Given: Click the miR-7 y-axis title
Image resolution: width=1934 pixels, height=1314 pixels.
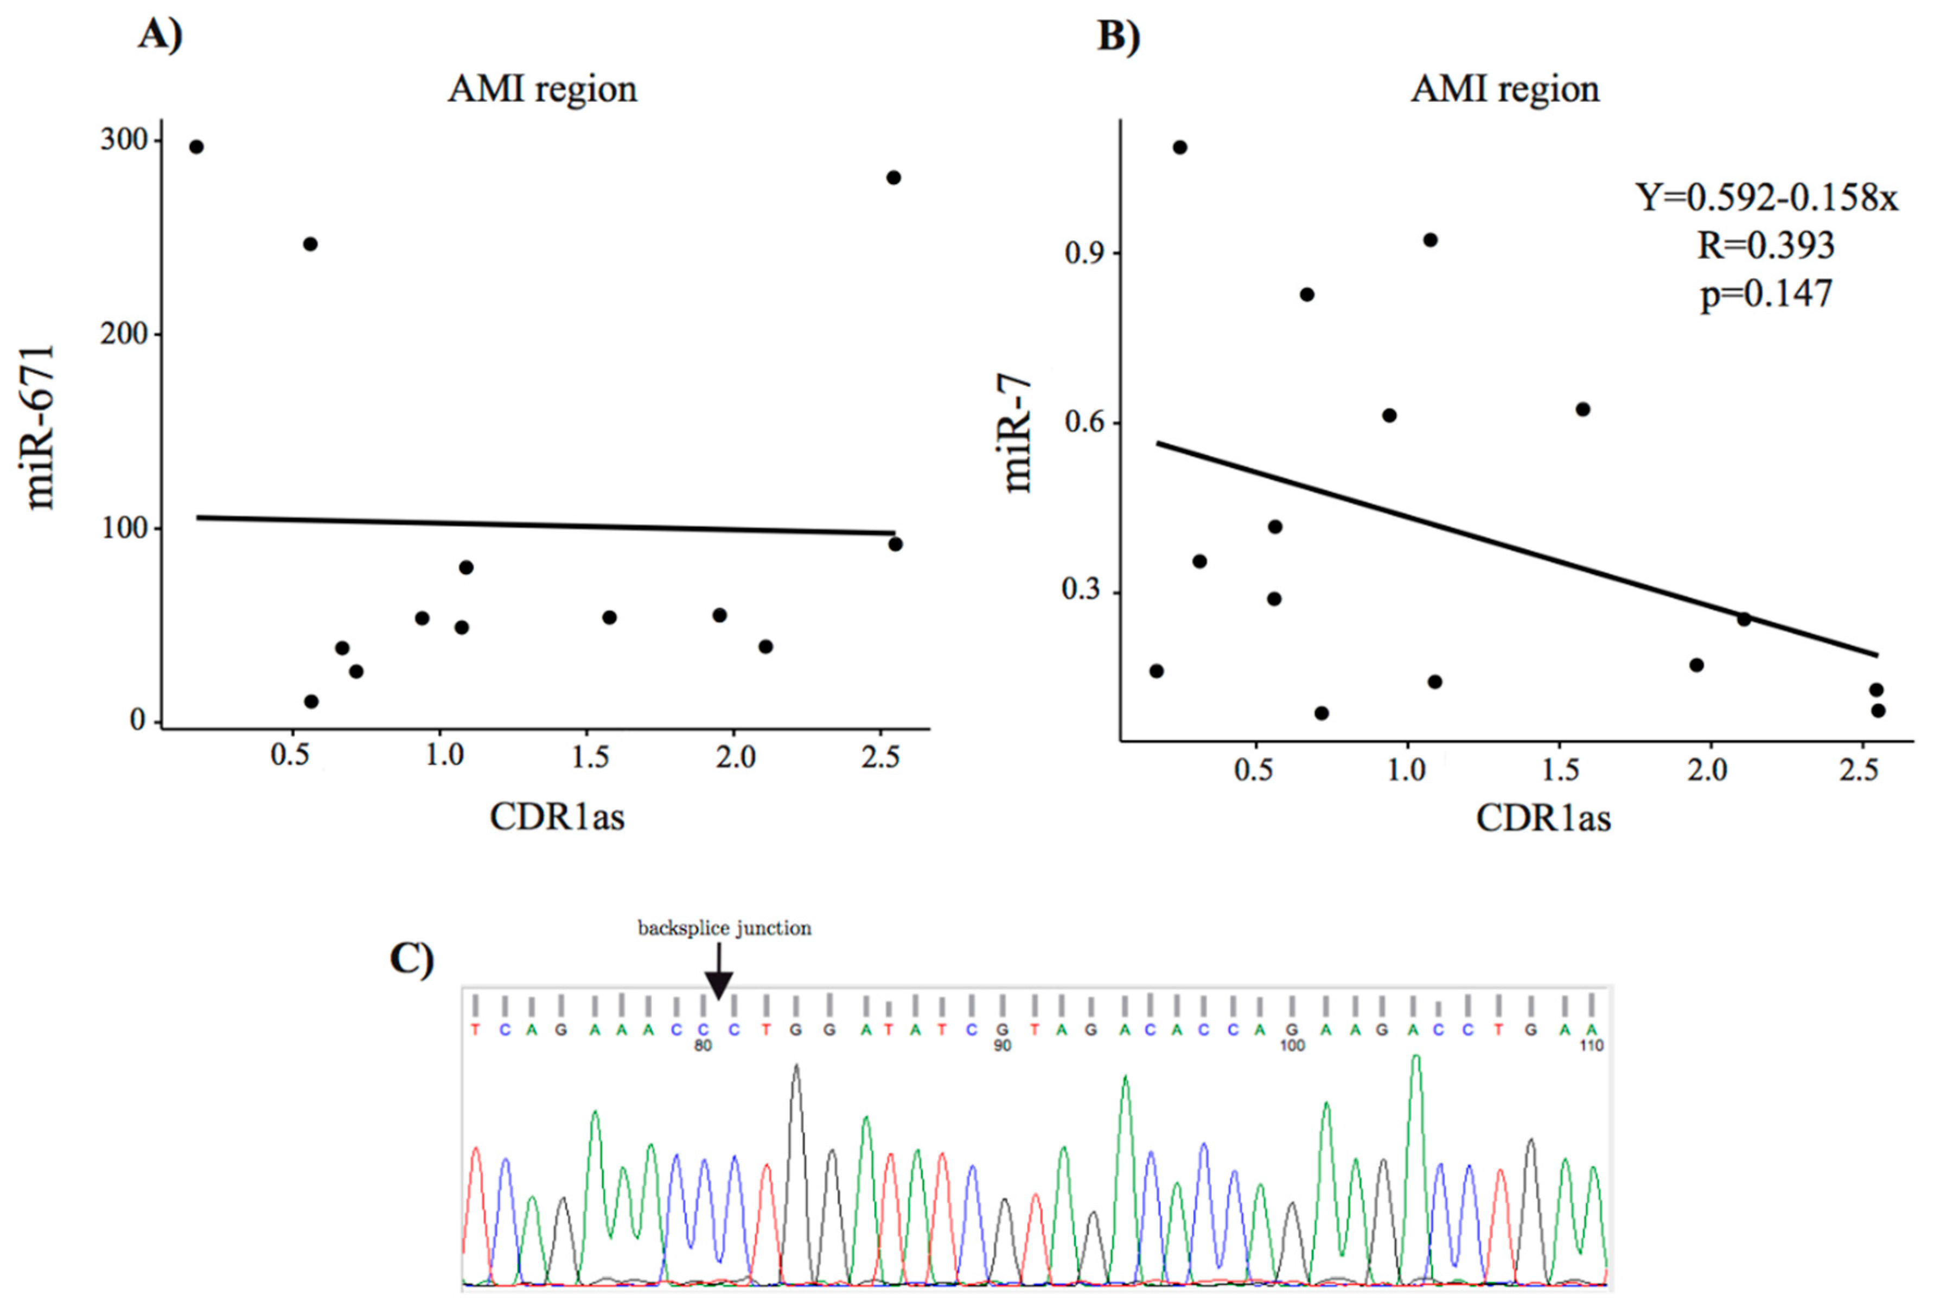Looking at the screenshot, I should [x=1016, y=435].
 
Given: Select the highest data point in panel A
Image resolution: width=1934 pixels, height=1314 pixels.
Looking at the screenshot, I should [x=196, y=147].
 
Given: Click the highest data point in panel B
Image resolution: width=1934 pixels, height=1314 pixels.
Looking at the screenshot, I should [x=1179, y=147].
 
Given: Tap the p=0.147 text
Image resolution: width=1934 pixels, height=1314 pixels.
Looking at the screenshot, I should [x=1766, y=294].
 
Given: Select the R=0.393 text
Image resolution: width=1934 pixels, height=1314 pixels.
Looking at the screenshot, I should [x=1765, y=245].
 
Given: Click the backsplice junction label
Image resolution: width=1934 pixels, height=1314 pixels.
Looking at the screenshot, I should [x=724, y=928].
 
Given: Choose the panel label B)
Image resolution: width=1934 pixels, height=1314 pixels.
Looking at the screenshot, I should [x=1119, y=36].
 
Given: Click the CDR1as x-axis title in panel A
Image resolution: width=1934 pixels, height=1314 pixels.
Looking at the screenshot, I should [x=557, y=817].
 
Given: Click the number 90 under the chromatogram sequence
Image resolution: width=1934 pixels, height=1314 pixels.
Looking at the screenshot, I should [x=1002, y=1045].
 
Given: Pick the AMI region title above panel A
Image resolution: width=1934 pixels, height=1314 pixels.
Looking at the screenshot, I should [x=542, y=89].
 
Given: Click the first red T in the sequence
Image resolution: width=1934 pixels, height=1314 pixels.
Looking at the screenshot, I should [x=475, y=1029].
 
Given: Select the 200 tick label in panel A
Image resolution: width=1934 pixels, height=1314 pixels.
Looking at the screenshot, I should [x=124, y=334].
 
